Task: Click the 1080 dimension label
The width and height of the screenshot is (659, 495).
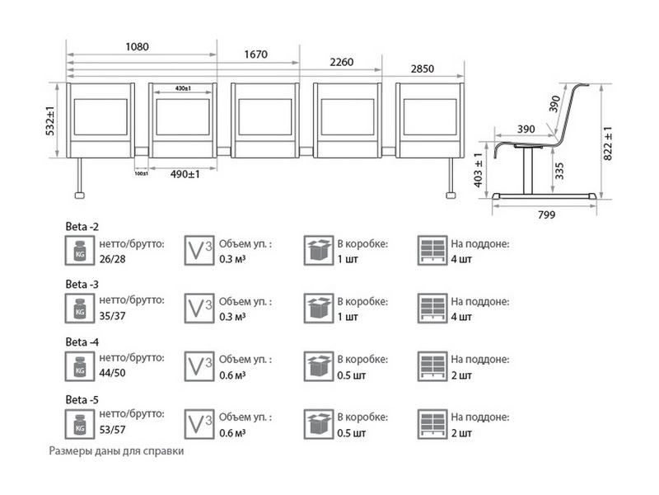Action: click(137, 47)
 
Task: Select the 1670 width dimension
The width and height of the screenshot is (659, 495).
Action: click(255, 54)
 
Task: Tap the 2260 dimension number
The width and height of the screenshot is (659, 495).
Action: click(342, 62)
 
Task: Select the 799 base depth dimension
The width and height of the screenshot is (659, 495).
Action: click(545, 215)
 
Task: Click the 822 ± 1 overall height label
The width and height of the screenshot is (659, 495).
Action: click(607, 141)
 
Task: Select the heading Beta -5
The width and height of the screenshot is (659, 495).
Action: click(82, 400)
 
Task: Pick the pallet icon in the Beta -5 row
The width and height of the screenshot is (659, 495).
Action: click(431, 424)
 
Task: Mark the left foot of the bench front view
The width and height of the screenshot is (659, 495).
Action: click(80, 195)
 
